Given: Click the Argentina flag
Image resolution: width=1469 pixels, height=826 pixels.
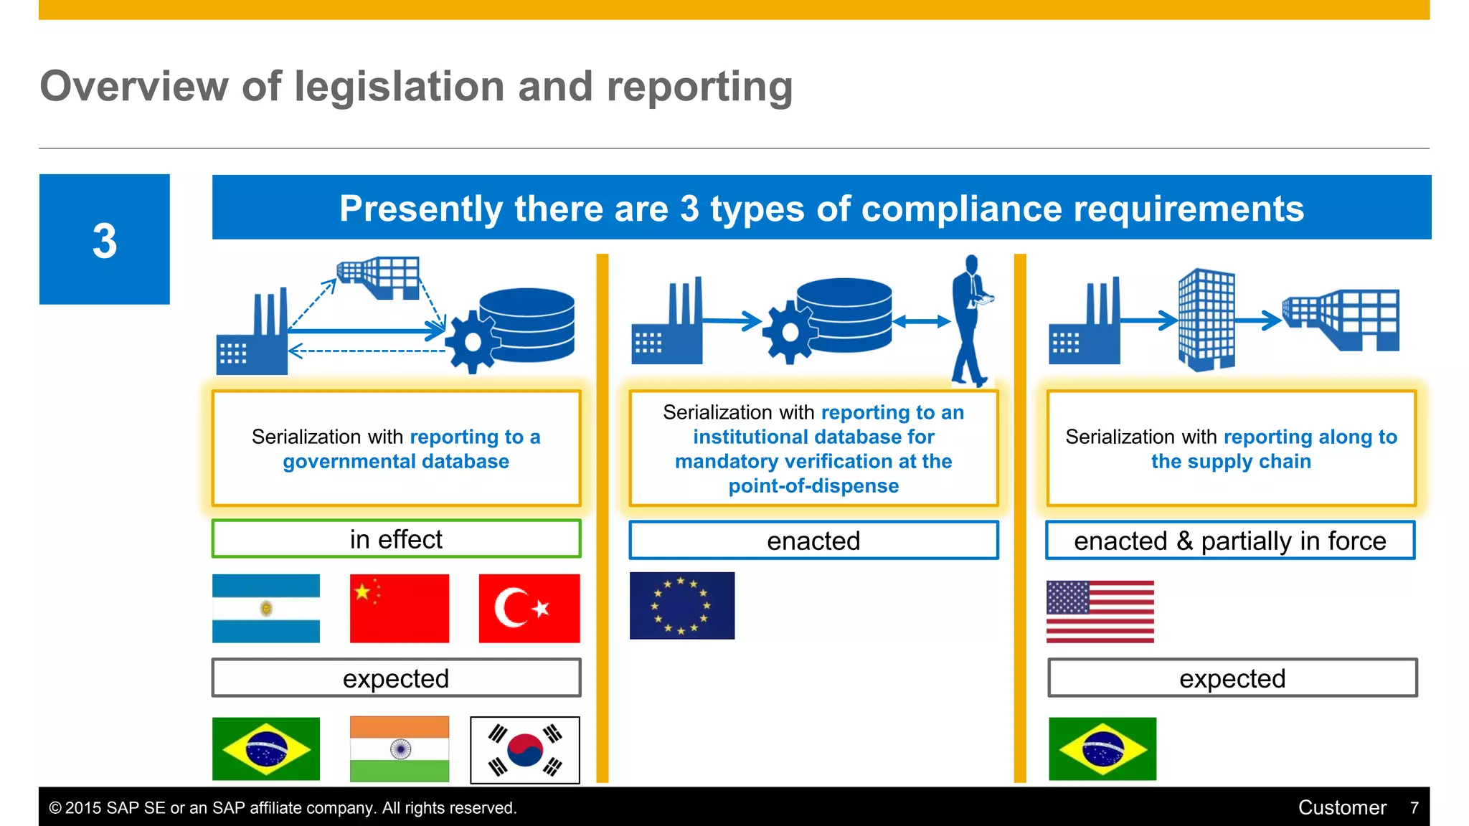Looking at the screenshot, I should [265, 608].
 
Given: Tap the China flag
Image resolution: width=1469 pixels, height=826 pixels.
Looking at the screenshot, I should [399, 608].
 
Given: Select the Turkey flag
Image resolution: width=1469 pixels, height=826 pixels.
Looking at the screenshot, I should [529, 608].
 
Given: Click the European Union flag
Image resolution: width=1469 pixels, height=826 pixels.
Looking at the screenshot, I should [681, 605].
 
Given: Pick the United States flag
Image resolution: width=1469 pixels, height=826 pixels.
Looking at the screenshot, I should [1100, 611].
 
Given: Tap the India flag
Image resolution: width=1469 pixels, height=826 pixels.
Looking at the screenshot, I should [399, 749].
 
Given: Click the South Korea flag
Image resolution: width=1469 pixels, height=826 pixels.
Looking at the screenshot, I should [524, 749].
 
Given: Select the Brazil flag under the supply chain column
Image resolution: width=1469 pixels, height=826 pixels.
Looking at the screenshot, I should [1102, 749].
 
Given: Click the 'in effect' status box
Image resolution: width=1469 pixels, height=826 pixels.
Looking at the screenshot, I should [396, 539].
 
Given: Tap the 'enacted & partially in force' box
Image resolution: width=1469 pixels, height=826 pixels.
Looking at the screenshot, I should [1229, 541].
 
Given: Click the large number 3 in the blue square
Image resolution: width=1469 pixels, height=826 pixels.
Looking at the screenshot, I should [105, 241].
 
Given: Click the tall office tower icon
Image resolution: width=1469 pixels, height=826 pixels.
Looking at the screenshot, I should [1206, 320].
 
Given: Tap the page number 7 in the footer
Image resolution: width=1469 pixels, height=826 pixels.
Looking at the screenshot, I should [1414, 808].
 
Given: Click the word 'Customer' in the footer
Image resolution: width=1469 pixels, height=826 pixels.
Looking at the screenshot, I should [1341, 808].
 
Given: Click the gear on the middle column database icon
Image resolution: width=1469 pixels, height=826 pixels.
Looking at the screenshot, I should [789, 333].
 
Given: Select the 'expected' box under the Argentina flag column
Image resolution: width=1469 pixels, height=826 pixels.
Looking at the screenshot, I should [396, 678].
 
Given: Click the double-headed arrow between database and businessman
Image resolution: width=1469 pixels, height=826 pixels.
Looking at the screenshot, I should [921, 322].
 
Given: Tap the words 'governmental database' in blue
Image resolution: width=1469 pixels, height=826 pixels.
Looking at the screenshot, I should [396, 462].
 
